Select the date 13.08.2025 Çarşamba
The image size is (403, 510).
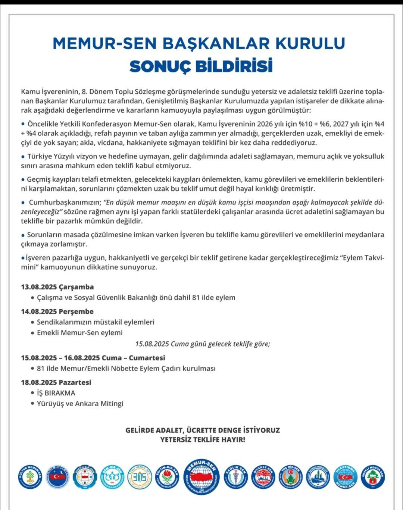coord(57,287)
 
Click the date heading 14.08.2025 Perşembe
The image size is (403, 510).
coord(57,312)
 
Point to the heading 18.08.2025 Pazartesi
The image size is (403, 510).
coord(56,382)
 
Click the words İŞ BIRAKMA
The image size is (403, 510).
coord(56,393)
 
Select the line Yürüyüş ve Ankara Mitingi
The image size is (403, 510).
coord(80,403)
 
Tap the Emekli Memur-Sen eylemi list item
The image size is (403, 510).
coord(79,332)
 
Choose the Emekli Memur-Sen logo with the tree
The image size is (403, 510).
coord(373,476)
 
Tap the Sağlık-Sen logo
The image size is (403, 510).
coord(236,476)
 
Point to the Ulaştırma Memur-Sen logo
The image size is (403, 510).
coord(346,476)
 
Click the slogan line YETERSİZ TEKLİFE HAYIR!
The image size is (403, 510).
coord(203,439)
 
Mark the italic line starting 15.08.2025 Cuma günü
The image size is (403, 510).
coord(203,344)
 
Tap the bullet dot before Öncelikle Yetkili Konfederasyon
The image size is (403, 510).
coord(24,123)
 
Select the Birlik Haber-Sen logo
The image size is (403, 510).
coord(57,476)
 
